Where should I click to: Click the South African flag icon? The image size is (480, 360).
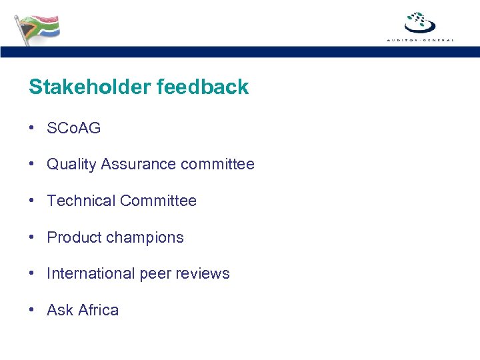37,29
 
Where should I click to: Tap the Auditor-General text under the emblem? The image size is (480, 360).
420,41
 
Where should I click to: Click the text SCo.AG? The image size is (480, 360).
73,128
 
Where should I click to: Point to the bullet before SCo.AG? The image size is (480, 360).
32,128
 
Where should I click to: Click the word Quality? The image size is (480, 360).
71,165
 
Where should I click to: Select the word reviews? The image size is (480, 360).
202,274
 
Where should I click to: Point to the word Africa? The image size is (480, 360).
98,311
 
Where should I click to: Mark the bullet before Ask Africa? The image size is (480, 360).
32,311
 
